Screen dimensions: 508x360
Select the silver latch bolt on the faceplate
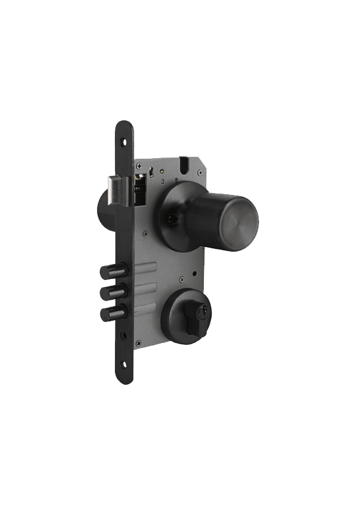pos(121,190)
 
